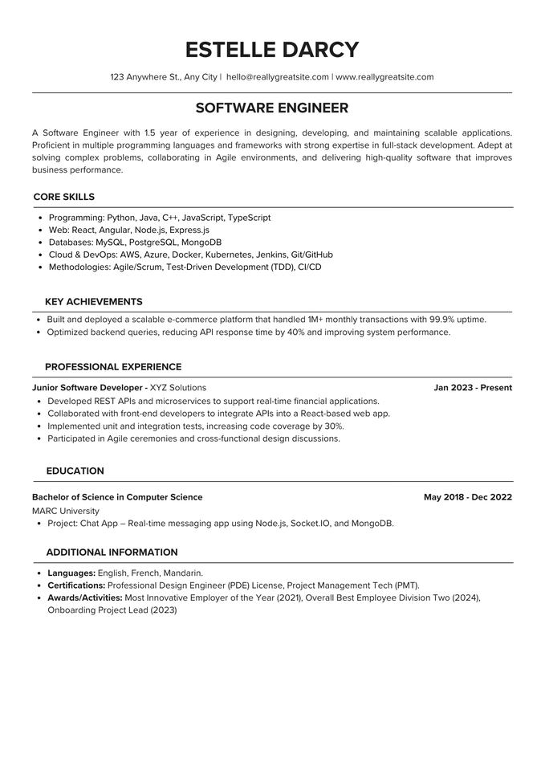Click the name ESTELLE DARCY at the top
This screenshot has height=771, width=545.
(x=272, y=50)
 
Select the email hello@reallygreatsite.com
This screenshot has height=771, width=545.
(x=278, y=77)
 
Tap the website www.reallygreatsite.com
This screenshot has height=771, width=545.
(x=384, y=77)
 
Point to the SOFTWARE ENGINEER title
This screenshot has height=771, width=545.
(x=272, y=108)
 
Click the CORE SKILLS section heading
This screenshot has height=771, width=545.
(x=64, y=197)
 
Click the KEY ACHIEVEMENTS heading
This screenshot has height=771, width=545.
(x=94, y=302)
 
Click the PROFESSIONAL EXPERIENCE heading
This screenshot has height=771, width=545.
(x=113, y=367)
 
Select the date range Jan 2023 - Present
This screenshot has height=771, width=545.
(x=473, y=388)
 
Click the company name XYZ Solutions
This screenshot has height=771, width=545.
(x=178, y=388)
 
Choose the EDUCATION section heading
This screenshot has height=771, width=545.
(x=75, y=471)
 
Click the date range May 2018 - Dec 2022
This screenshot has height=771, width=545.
(x=468, y=497)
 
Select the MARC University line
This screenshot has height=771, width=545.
(x=66, y=511)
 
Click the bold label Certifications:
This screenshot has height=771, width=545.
(x=76, y=585)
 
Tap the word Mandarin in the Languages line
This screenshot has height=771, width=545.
(x=182, y=573)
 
